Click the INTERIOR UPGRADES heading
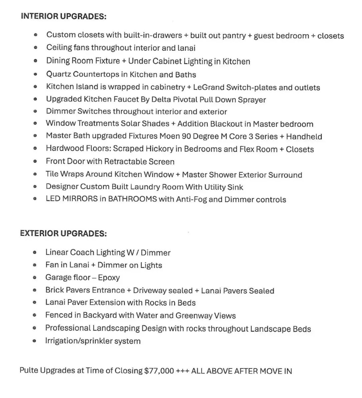pos(63,16)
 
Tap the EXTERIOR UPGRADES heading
pos(63,233)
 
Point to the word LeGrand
pos(208,87)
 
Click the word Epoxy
pos(109,277)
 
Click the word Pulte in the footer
pos(29,371)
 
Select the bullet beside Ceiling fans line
pos(35,48)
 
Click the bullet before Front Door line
pos(35,162)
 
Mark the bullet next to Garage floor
pos(34,277)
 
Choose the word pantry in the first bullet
pos(233,35)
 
